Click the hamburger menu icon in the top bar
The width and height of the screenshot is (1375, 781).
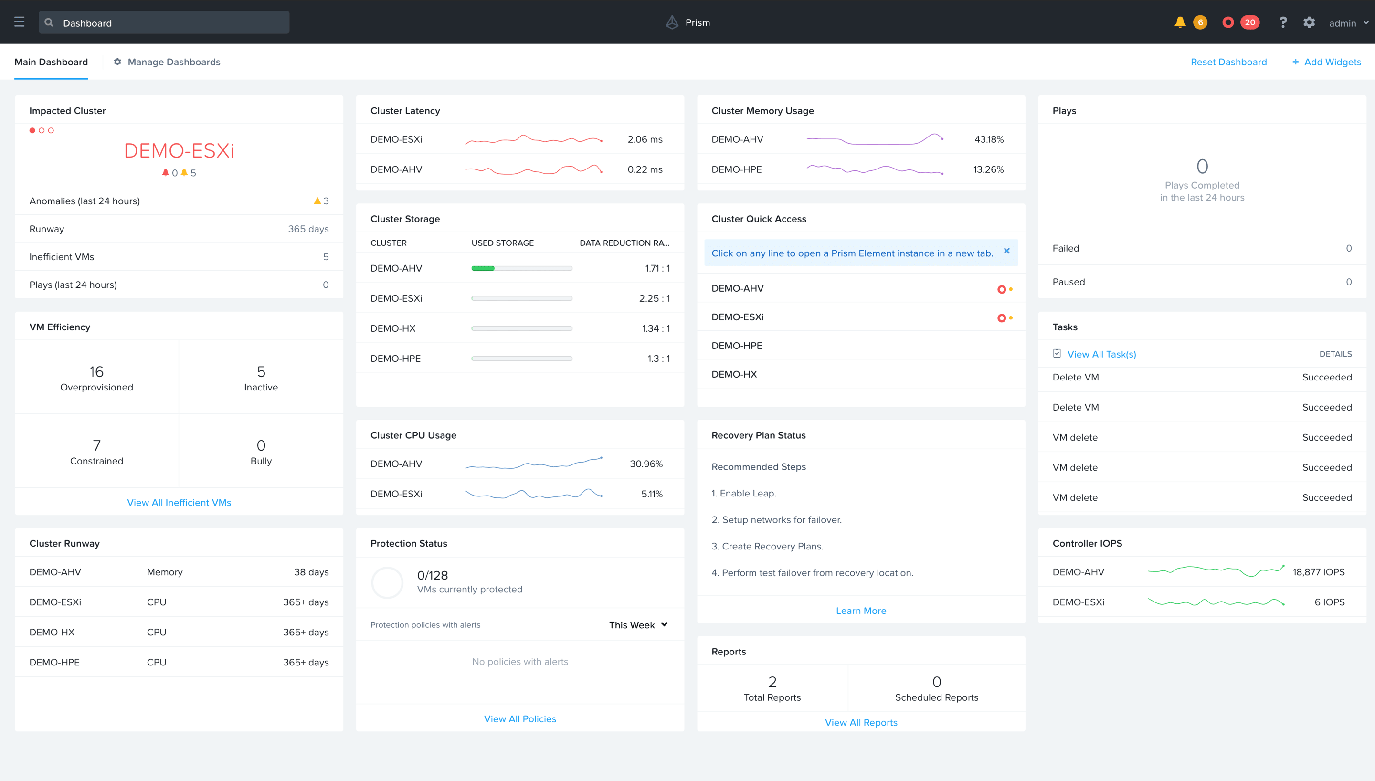19,22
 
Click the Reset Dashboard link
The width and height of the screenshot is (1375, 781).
1228,62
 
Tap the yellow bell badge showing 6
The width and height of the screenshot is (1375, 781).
1200,22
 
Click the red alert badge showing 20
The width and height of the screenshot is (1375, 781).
1249,22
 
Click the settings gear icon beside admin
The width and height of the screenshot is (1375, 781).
1309,22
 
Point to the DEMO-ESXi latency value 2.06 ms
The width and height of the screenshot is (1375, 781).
645,139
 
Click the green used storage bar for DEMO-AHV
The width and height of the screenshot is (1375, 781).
483,268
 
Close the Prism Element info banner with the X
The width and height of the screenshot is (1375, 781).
1006,251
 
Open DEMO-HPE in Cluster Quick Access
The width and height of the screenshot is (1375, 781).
736,346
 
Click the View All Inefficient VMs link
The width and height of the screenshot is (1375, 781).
179,503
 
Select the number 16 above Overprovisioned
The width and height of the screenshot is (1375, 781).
96,372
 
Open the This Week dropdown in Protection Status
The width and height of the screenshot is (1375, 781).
638,625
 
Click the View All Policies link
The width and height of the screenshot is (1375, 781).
519,719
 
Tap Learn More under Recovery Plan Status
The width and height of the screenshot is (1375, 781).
861,611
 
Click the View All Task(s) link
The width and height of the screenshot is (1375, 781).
1101,354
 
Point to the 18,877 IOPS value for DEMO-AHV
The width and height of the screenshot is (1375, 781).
1318,572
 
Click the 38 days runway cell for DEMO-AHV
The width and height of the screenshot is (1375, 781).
311,572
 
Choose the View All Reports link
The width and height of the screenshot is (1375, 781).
861,723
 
